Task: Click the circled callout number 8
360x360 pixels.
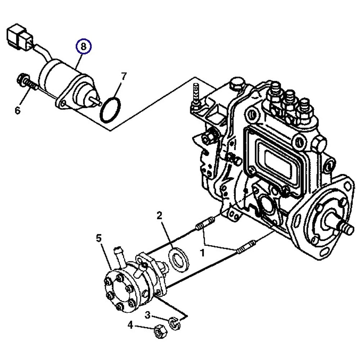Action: [84, 46]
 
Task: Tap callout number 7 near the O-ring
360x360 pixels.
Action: [123, 76]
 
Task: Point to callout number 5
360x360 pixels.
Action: [99, 238]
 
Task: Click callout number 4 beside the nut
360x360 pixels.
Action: [130, 326]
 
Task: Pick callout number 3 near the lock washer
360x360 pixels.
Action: [148, 316]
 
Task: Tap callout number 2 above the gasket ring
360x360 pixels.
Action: [159, 216]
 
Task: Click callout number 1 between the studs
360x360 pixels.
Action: [202, 253]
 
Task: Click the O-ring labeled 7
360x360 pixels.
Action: [111, 109]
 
